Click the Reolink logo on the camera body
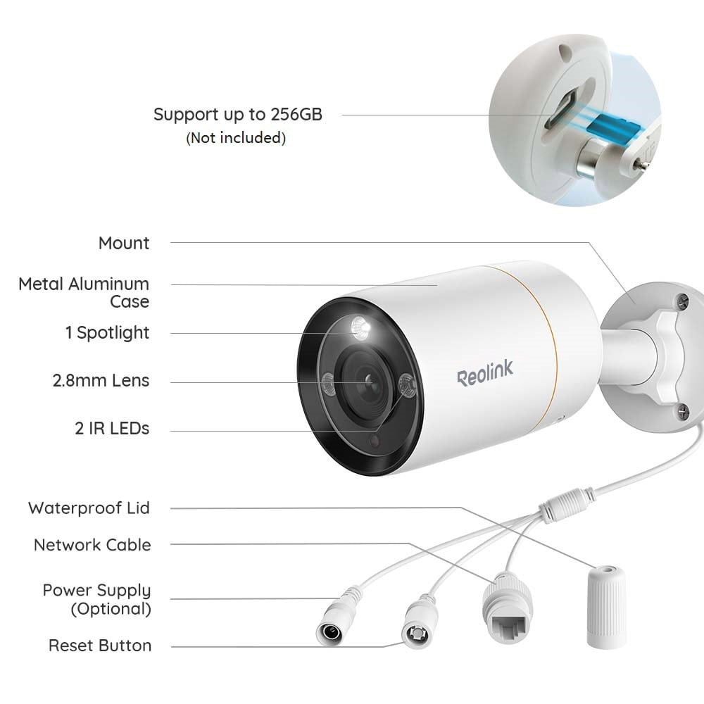[485, 374]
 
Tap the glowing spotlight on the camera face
[360, 328]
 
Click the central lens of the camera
[369, 382]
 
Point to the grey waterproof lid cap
[606, 607]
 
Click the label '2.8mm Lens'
[101, 381]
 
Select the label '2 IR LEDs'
[112, 429]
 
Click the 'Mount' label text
[124, 244]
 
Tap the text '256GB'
[297, 115]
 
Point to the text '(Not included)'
[236, 138]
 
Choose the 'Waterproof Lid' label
[89, 508]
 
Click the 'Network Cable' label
[92, 545]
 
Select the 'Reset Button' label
[100, 646]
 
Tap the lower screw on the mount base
[683, 411]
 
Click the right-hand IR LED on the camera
[406, 385]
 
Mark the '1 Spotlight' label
[107, 333]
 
